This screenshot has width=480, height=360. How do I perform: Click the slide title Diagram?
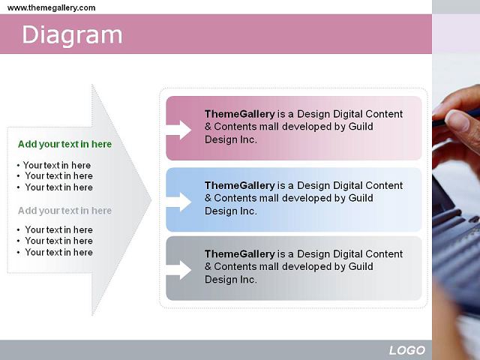click(x=72, y=35)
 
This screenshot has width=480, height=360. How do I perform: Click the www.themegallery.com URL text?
click(x=52, y=7)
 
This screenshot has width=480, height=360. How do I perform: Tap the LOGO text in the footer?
click(x=407, y=350)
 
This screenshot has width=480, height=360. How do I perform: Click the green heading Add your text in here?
click(x=65, y=144)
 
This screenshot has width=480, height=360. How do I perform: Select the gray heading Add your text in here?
click(x=65, y=211)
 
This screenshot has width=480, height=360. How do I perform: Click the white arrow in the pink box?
click(x=178, y=130)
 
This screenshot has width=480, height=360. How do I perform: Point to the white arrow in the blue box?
click(x=178, y=202)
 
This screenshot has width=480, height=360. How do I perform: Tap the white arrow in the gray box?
click(x=178, y=270)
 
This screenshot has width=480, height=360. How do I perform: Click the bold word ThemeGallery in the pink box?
click(x=240, y=114)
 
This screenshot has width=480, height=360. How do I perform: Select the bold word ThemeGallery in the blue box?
click(x=240, y=185)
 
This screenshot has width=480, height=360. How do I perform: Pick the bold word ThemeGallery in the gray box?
click(x=240, y=253)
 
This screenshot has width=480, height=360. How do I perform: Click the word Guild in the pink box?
click(x=361, y=127)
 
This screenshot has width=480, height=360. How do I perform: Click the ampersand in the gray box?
click(x=208, y=267)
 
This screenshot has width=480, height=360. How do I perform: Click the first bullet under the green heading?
click(x=54, y=165)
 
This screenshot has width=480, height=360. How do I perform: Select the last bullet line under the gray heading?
click(x=55, y=252)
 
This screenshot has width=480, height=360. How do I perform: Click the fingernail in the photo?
click(x=457, y=120)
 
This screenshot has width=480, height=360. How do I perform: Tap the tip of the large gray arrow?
click(x=151, y=200)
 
